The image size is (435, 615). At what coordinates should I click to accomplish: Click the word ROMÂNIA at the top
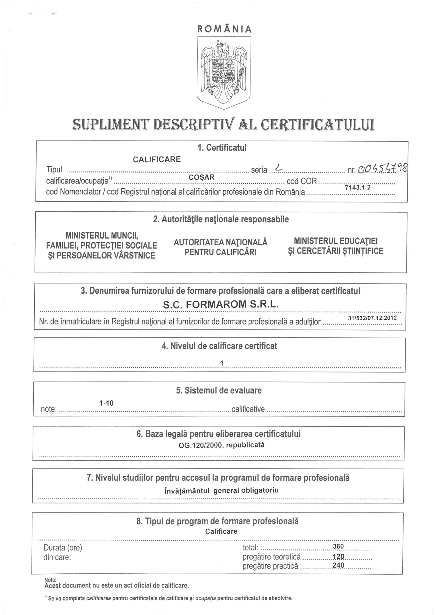(x=225, y=29)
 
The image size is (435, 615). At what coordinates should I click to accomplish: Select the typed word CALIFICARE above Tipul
(x=157, y=159)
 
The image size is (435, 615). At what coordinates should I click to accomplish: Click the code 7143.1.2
(x=357, y=187)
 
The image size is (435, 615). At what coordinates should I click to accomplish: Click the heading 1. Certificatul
(x=222, y=148)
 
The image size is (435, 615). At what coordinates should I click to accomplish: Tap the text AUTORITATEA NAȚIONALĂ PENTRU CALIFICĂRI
(x=220, y=247)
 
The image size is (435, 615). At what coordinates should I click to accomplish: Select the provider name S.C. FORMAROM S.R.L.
(x=221, y=304)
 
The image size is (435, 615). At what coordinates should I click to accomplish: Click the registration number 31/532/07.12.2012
(x=372, y=318)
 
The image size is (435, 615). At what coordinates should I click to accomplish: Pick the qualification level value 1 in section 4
(x=222, y=363)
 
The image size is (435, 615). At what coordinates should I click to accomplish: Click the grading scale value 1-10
(x=106, y=403)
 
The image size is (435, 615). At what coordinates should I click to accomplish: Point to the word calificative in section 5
(x=248, y=409)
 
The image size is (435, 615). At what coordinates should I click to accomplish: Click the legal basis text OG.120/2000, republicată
(x=222, y=445)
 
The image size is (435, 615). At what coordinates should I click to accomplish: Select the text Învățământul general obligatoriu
(x=221, y=490)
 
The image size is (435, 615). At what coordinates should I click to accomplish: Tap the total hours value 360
(x=338, y=546)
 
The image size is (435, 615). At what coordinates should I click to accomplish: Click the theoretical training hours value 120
(x=338, y=556)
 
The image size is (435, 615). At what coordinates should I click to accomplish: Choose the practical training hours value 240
(x=338, y=565)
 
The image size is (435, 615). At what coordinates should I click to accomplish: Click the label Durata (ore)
(x=63, y=548)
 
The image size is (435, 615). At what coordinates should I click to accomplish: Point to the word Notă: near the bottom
(x=50, y=580)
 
